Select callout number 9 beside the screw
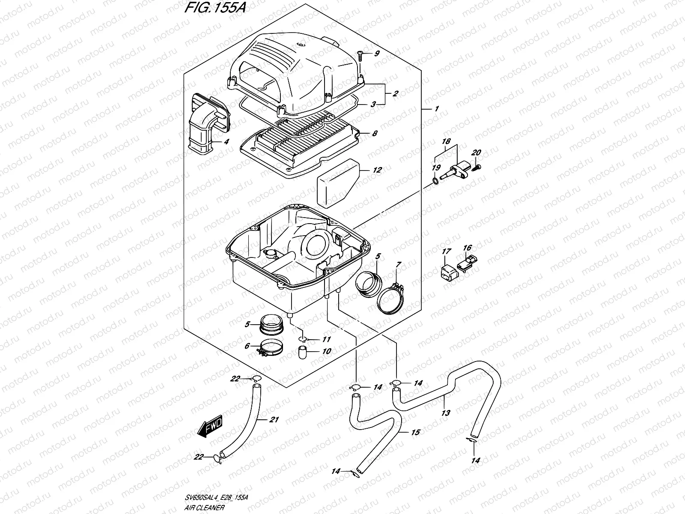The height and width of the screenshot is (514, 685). pyautogui.click(x=377, y=54)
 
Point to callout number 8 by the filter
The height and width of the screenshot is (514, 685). pyautogui.click(x=375, y=133)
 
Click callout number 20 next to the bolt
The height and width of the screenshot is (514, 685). pyautogui.click(x=476, y=153)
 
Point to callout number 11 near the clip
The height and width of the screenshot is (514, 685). pyautogui.click(x=327, y=340)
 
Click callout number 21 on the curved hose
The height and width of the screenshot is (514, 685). pyautogui.click(x=274, y=420)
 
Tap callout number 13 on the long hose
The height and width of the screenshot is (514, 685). pyautogui.click(x=446, y=413)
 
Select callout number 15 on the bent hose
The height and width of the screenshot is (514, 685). pyautogui.click(x=415, y=433)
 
